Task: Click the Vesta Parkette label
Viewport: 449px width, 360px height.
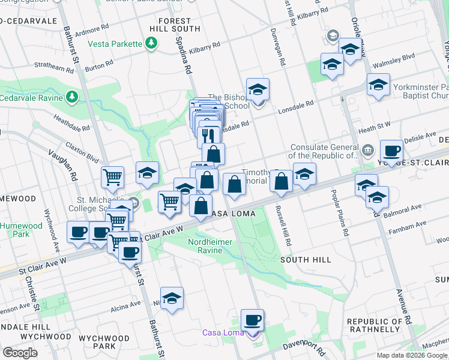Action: pos(115,44)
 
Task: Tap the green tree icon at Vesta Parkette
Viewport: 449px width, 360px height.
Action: pos(152,44)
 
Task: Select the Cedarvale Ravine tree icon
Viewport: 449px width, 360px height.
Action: pos(72,97)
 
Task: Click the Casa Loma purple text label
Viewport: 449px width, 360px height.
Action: pos(223,333)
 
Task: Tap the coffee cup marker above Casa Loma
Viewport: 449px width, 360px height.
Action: pos(253,320)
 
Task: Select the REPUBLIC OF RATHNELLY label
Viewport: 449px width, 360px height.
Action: pos(374,325)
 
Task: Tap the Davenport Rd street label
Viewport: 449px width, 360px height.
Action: pos(304,349)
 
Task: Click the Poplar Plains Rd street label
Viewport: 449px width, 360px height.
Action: pos(340,213)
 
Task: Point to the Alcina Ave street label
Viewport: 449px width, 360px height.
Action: pos(126,307)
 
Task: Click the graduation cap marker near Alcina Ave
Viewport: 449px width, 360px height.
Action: pos(172,298)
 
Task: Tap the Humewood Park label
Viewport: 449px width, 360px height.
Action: pos(22,230)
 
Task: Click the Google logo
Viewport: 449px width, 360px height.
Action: pos(20,352)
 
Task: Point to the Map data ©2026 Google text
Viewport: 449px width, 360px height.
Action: pos(412,355)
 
